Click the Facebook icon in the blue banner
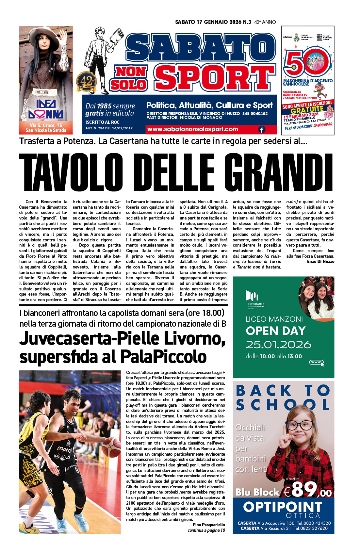[x=262, y=130]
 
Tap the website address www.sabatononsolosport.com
[x=192, y=129]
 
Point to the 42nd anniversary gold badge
[x=87, y=82]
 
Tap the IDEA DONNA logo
[x=46, y=109]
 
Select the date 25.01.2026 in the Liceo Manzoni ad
[x=278, y=345]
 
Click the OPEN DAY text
[x=275, y=331]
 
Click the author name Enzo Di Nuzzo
[x=320, y=261]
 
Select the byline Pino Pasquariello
[x=208, y=525]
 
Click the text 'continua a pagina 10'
[x=206, y=530]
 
